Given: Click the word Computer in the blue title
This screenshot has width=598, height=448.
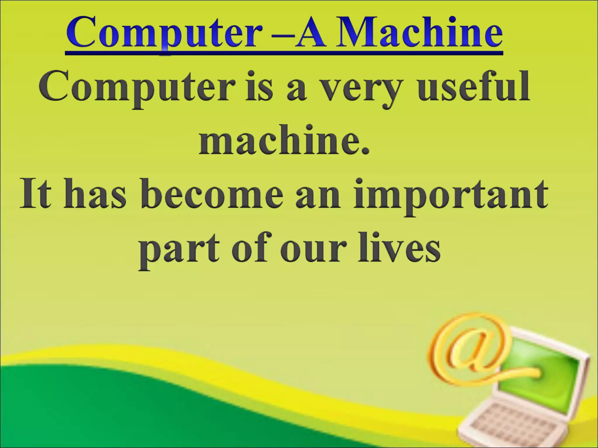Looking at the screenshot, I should point(164,34).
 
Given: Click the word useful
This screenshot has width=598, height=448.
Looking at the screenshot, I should point(473,86).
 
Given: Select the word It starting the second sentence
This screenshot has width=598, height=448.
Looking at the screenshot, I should point(35,194).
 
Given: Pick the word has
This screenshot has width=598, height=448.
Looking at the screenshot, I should point(95,194).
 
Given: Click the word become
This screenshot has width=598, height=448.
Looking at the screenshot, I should point(212,194).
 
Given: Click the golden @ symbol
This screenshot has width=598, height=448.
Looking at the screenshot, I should point(470,347).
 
